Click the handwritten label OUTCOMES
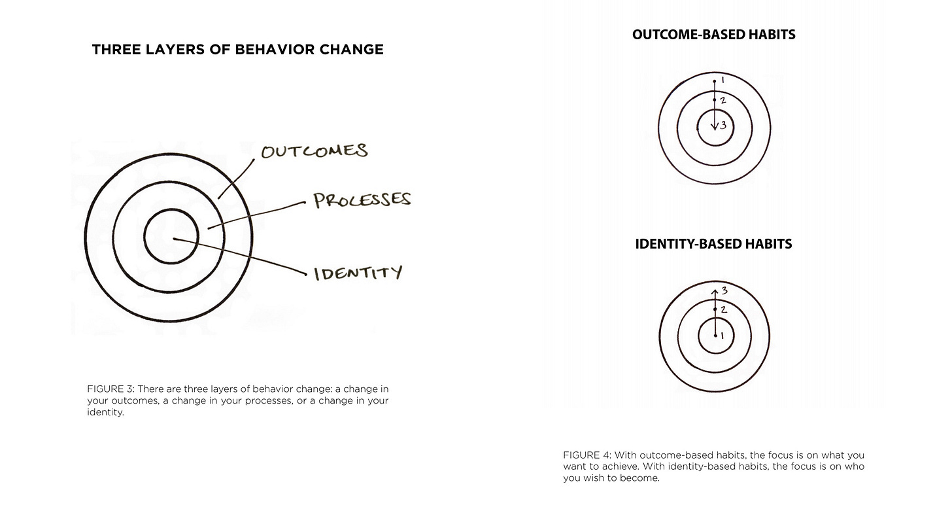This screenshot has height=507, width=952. tap(314, 151)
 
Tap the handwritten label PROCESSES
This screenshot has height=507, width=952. tap(362, 200)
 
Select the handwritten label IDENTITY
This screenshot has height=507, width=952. tap(358, 272)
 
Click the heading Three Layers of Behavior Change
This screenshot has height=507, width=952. tap(238, 50)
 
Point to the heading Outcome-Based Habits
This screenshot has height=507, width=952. tap(714, 35)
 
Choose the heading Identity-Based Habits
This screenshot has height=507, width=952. tap(713, 244)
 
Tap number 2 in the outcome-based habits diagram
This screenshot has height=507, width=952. tap(722, 101)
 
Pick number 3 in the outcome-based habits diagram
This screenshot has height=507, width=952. tap(723, 125)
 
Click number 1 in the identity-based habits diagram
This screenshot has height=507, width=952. tap(722, 336)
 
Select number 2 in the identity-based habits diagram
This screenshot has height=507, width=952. tap(723, 309)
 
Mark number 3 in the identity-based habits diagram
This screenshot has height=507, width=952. tap(724, 290)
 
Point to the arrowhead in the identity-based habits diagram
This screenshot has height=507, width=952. tap(715, 288)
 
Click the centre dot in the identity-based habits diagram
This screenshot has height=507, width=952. tap(715, 335)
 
